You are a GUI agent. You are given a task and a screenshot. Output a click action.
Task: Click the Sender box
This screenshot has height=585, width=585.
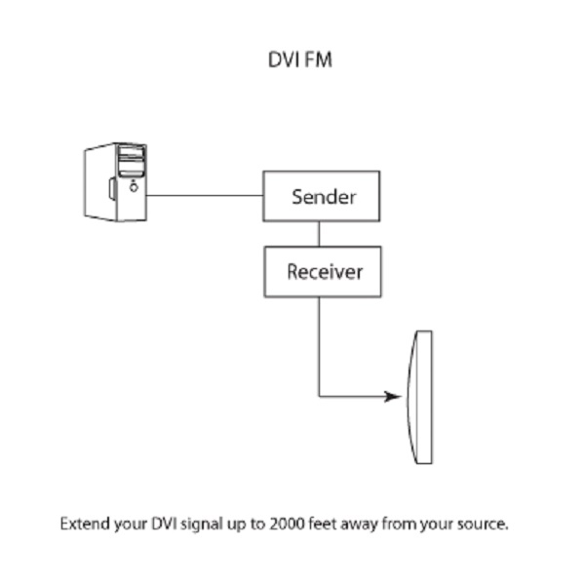tap(321, 196)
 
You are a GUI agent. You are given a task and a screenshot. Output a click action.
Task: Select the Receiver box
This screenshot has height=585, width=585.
tap(323, 271)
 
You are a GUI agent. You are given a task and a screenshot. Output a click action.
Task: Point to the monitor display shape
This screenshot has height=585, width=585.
tap(422, 398)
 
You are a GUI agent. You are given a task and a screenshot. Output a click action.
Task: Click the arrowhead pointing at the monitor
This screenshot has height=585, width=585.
tap(393, 397)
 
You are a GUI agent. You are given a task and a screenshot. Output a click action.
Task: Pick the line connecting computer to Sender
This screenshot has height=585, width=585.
tap(205, 195)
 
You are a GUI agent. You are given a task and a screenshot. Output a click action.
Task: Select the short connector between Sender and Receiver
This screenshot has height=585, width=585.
tap(319, 233)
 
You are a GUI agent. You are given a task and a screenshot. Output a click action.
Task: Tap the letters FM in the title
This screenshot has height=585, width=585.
tap(319, 60)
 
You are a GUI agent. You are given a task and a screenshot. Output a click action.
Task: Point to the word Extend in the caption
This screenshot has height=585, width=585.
tap(86, 524)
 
